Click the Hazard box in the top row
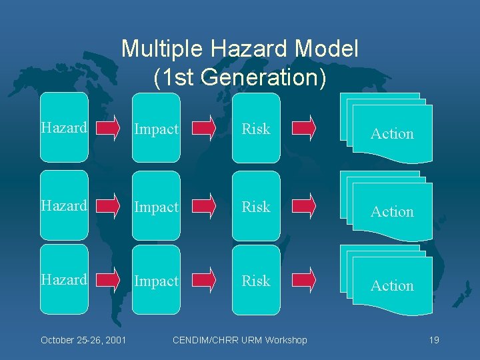tap(64, 127)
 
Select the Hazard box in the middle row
tap(64, 205)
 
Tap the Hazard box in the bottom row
tap(64, 279)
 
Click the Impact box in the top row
tap(156, 128)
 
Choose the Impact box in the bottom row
tap(156, 280)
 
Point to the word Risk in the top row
tap(256, 129)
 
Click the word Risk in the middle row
tap(256, 207)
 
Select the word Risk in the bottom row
tap(256, 281)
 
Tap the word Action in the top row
tap(392, 133)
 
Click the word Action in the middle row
tap(392, 211)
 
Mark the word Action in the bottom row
tap(392, 285)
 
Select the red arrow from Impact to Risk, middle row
tap(205, 206)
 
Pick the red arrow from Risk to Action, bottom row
tap(305, 280)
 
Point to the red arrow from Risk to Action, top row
tap(305, 128)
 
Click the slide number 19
tap(434, 340)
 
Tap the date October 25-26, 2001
tap(84, 340)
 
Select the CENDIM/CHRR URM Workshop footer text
tap(240, 340)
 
